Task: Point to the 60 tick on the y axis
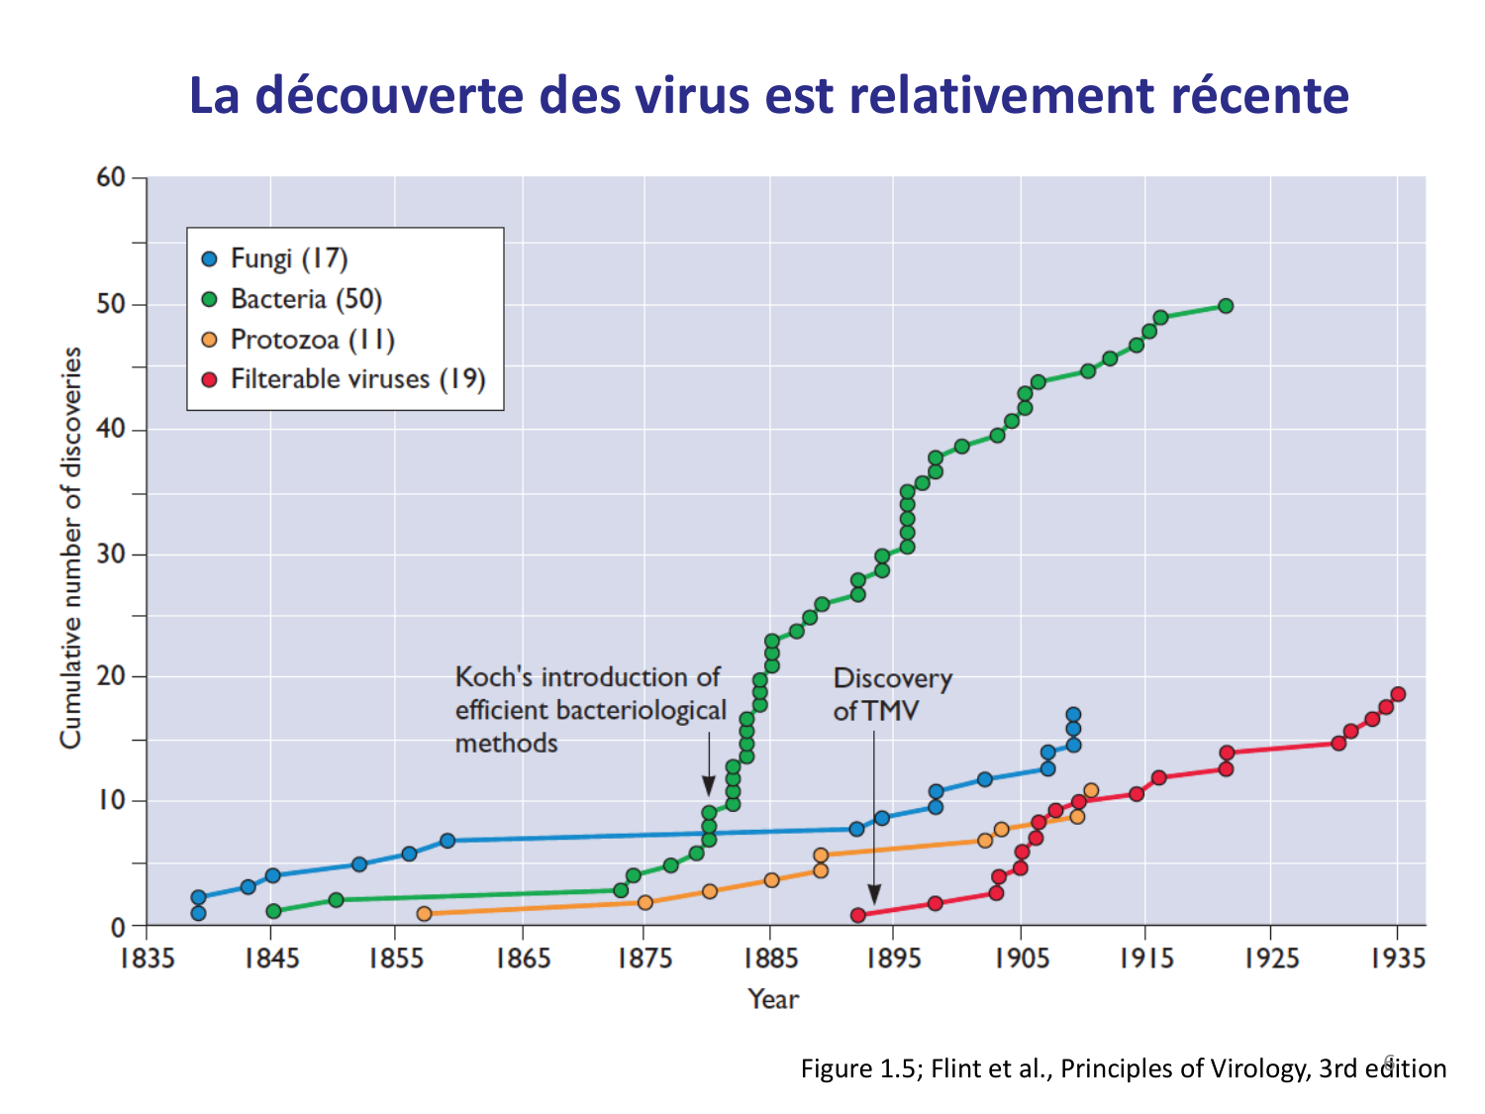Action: pyautogui.click(x=111, y=178)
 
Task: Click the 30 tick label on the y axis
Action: pyautogui.click(x=111, y=554)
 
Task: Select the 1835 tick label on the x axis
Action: pyautogui.click(x=147, y=959)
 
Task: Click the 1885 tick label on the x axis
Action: pyautogui.click(x=769, y=959)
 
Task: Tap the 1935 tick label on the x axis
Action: pyautogui.click(x=1397, y=959)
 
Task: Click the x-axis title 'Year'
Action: pyautogui.click(x=772, y=999)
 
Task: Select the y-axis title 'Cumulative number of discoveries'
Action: pyautogui.click(x=71, y=548)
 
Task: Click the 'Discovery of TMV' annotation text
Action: pyautogui.click(x=891, y=694)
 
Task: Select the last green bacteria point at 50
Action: pyautogui.click(x=1226, y=306)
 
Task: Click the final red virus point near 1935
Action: pyautogui.click(x=1398, y=694)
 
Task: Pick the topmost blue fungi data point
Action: pyautogui.click(x=1073, y=714)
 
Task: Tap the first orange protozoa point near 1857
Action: pyautogui.click(x=424, y=913)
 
